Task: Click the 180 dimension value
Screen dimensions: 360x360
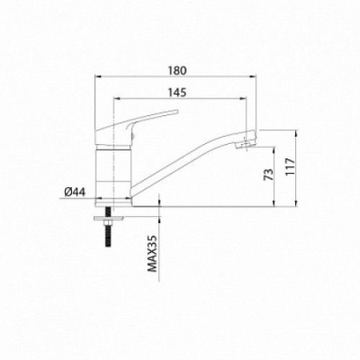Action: [177, 70]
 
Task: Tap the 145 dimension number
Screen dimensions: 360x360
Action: [177, 93]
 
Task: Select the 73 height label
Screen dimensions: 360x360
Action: [269, 174]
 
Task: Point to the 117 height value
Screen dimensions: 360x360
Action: [290, 166]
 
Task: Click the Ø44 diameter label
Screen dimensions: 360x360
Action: [75, 192]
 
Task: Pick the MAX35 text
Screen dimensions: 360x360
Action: [153, 254]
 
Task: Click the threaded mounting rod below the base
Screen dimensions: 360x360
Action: [108, 227]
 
